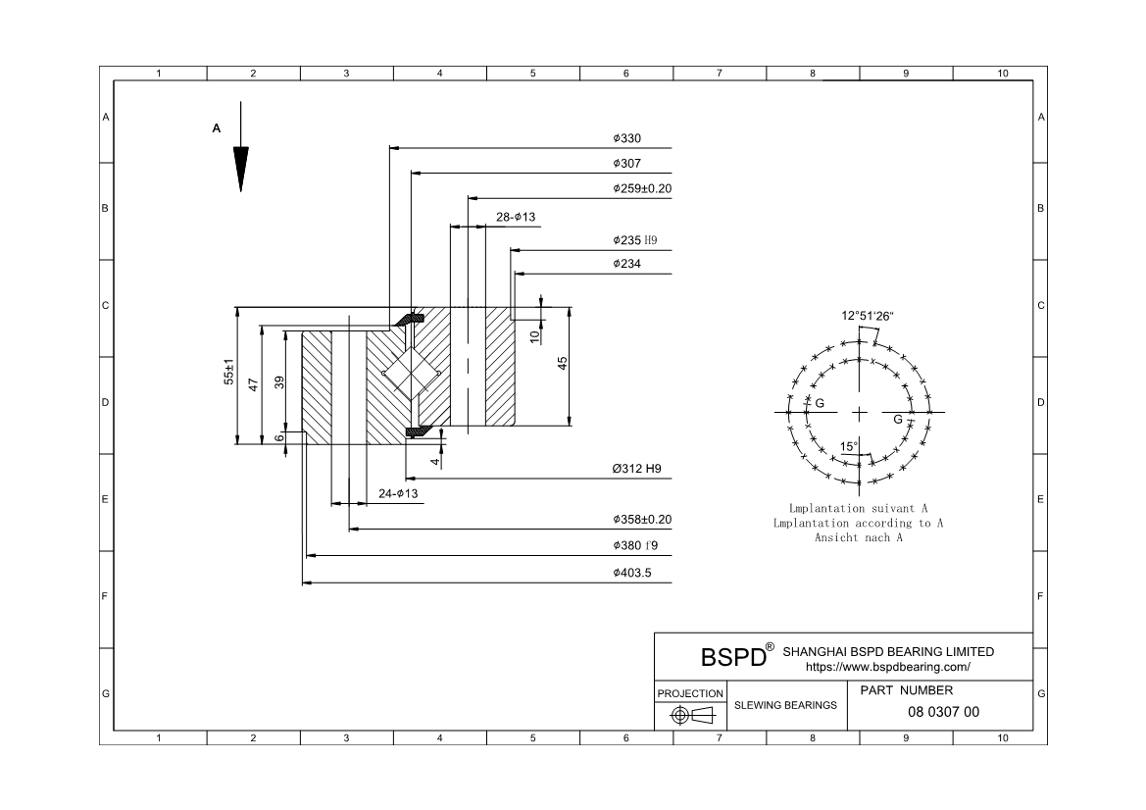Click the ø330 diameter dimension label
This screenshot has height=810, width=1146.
pyautogui.click(x=625, y=139)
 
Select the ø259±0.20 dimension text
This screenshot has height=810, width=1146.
pyautogui.click(x=642, y=188)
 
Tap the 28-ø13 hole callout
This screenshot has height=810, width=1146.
pyautogui.click(x=515, y=218)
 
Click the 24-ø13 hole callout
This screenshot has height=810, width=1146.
pyautogui.click(x=398, y=493)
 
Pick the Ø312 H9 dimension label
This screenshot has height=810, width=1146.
pyautogui.click(x=636, y=469)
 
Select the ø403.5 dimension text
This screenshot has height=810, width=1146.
pyautogui.click(x=631, y=573)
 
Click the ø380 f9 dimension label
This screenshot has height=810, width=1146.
pyautogui.click(x=634, y=545)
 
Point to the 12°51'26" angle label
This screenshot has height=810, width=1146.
pyautogui.click(x=868, y=316)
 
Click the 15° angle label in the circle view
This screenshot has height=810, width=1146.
pyautogui.click(x=849, y=447)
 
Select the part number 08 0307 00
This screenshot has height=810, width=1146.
pyautogui.click(x=943, y=712)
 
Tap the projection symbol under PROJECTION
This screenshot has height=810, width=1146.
pyautogui.click(x=690, y=715)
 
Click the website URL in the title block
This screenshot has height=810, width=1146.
pyautogui.click(x=887, y=666)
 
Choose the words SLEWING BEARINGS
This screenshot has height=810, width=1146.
pyautogui.click(x=785, y=705)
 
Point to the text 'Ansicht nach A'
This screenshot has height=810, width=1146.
pyautogui.click(x=858, y=537)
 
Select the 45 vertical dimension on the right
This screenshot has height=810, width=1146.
pyautogui.click(x=563, y=363)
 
